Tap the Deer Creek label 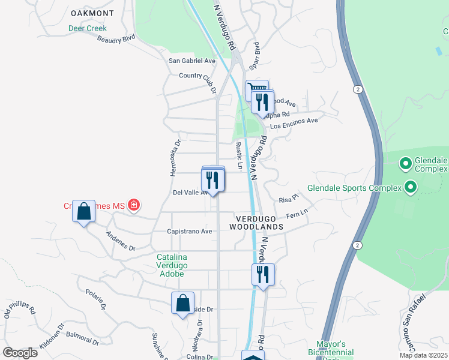point(87,28)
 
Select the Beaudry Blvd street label point(116,39)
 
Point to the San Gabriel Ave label point(191,61)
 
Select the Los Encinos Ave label point(294,123)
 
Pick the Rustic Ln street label point(239,155)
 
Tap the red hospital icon point(134,206)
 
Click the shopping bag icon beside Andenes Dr point(83,212)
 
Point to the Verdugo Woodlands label point(256,222)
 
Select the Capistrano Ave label point(190,231)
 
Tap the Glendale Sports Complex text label point(354,188)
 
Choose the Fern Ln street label point(297,214)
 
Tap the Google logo point(20,353)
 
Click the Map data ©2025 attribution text point(423,355)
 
